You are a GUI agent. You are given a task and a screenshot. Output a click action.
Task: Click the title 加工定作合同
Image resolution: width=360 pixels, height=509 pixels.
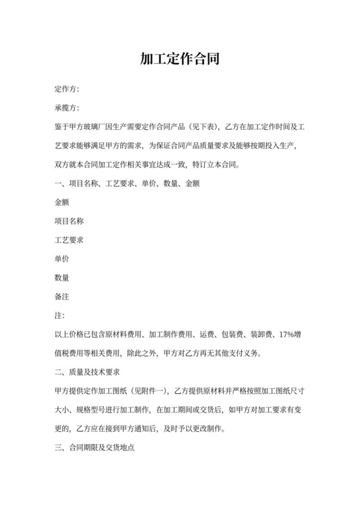(x=180, y=60)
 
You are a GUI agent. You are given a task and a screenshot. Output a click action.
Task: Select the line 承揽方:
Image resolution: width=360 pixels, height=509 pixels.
(x=67, y=107)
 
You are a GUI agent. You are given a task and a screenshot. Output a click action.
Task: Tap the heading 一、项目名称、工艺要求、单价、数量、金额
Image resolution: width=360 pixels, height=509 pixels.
(x=127, y=184)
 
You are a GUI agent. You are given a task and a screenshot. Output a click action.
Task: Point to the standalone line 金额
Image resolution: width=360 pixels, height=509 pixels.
(x=62, y=202)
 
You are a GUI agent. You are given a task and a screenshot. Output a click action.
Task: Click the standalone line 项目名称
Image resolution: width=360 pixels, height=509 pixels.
(x=69, y=221)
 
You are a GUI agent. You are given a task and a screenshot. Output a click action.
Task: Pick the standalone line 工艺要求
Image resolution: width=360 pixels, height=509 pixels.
(x=69, y=240)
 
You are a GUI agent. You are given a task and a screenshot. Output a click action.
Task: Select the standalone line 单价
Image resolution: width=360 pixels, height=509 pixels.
(x=62, y=258)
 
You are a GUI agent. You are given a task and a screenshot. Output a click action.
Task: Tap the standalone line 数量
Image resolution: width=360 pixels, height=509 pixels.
(x=62, y=278)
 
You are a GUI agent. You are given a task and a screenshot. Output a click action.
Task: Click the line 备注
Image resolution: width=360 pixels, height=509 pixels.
(x=62, y=296)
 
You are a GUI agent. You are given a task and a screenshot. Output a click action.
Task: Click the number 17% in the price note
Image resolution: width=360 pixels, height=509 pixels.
(x=284, y=334)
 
